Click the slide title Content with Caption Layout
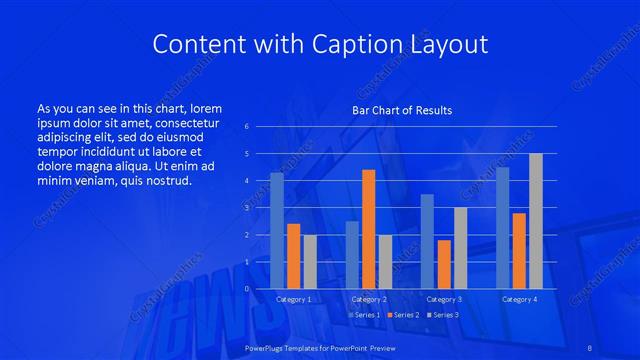coord(320,45)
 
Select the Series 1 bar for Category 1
coord(277,231)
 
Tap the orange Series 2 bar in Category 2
coord(368,229)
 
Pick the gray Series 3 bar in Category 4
coord(535,221)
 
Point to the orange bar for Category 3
coord(443,264)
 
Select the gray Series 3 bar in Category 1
coord(309,262)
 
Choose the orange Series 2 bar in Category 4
coord(519,251)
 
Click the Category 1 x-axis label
coord(293,299)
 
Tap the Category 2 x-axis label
coord(368,299)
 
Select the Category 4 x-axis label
coord(519,299)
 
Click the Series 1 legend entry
coord(363,315)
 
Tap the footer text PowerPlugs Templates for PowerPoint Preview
coord(320,346)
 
